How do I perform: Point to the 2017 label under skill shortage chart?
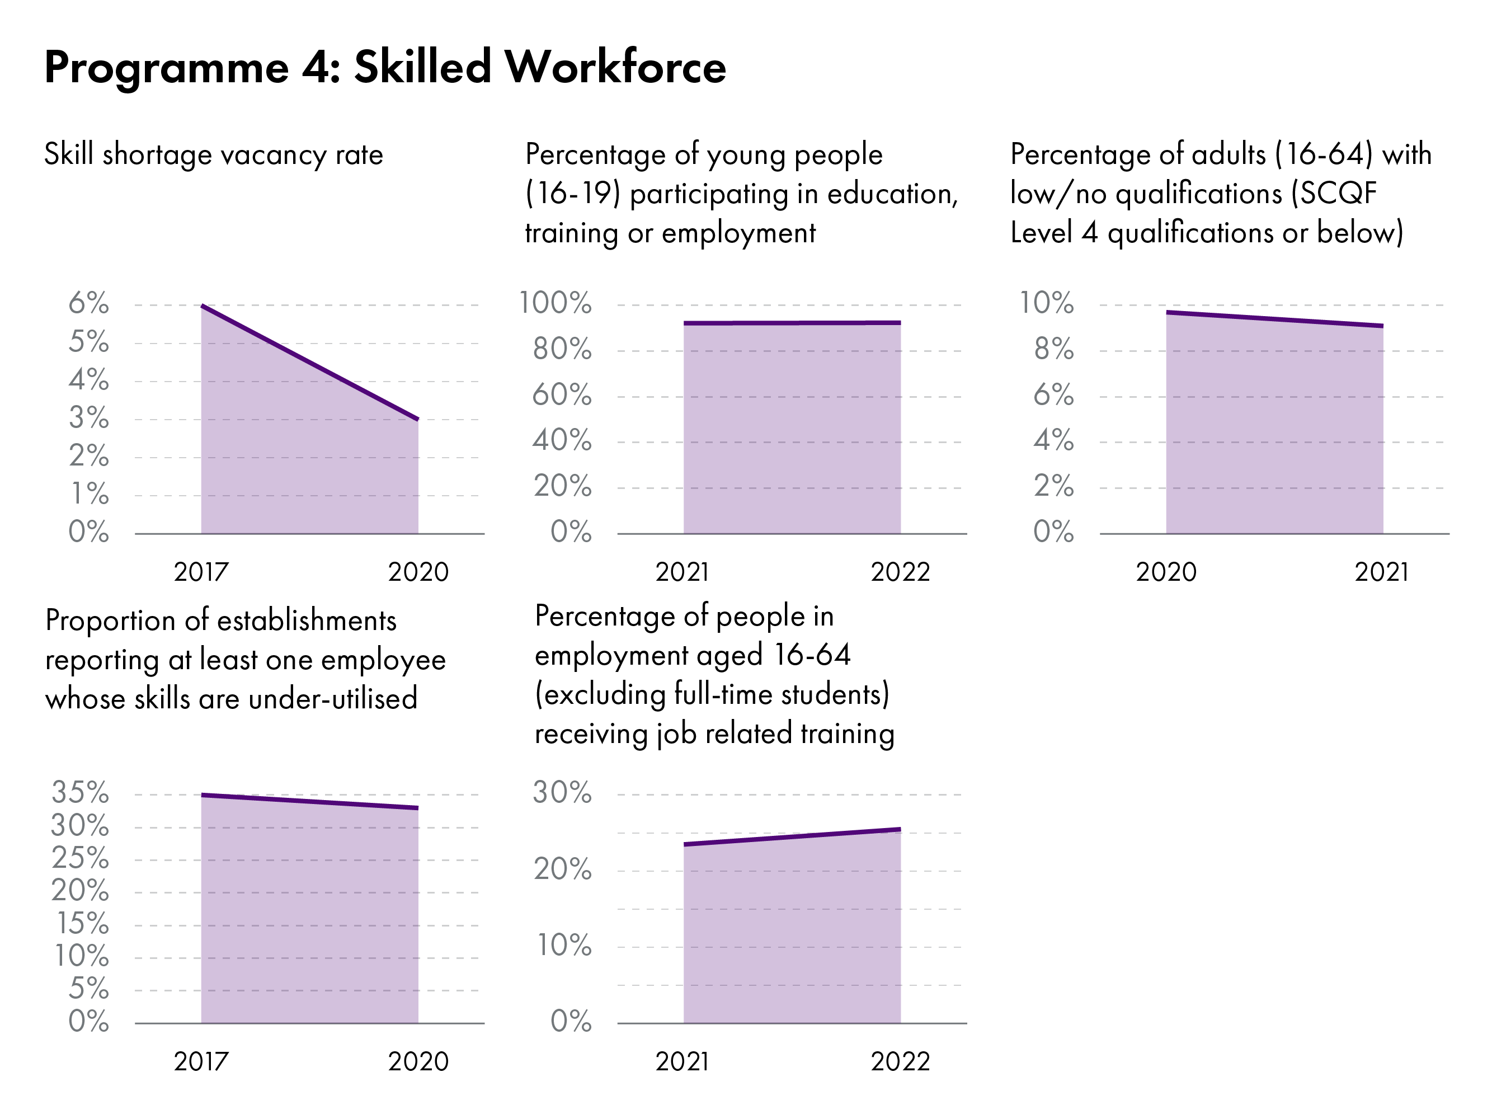tap(201, 572)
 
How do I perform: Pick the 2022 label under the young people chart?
tap(900, 572)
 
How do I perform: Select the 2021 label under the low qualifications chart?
tap(1381, 572)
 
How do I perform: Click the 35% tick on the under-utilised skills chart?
tap(79, 793)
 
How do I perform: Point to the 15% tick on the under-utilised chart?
tap(82, 923)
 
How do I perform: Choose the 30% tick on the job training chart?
tap(562, 793)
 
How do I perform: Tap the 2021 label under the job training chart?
tap(683, 1062)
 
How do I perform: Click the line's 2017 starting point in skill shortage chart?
tap(203, 306)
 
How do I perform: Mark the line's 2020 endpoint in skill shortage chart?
tap(417, 419)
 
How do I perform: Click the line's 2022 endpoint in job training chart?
tap(900, 830)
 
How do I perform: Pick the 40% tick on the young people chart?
tap(561, 440)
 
